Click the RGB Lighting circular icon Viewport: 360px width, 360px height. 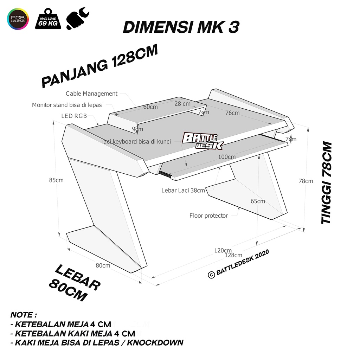coord(18,19)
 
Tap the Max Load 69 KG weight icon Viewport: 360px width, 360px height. coord(48,19)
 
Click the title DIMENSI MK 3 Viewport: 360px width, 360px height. coord(181,27)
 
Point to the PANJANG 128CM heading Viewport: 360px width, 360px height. coord(99,66)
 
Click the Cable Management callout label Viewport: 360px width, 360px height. coord(91,94)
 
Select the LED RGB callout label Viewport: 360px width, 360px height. coord(74,116)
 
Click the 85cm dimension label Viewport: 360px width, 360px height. coord(56,180)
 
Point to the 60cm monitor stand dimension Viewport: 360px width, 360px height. coord(150,107)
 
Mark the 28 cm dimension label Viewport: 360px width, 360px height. coord(182,104)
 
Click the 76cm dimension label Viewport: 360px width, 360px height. coord(232,113)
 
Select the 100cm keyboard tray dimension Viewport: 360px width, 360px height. coord(227,157)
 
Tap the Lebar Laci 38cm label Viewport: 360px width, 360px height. coord(183,190)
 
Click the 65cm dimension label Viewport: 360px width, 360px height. coord(258,201)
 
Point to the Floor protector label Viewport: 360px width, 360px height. coord(208,216)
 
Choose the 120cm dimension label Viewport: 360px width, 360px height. coord(223,250)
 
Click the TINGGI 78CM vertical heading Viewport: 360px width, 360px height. coord(327,183)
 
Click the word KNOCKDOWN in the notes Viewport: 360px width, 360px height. coord(155,342)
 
